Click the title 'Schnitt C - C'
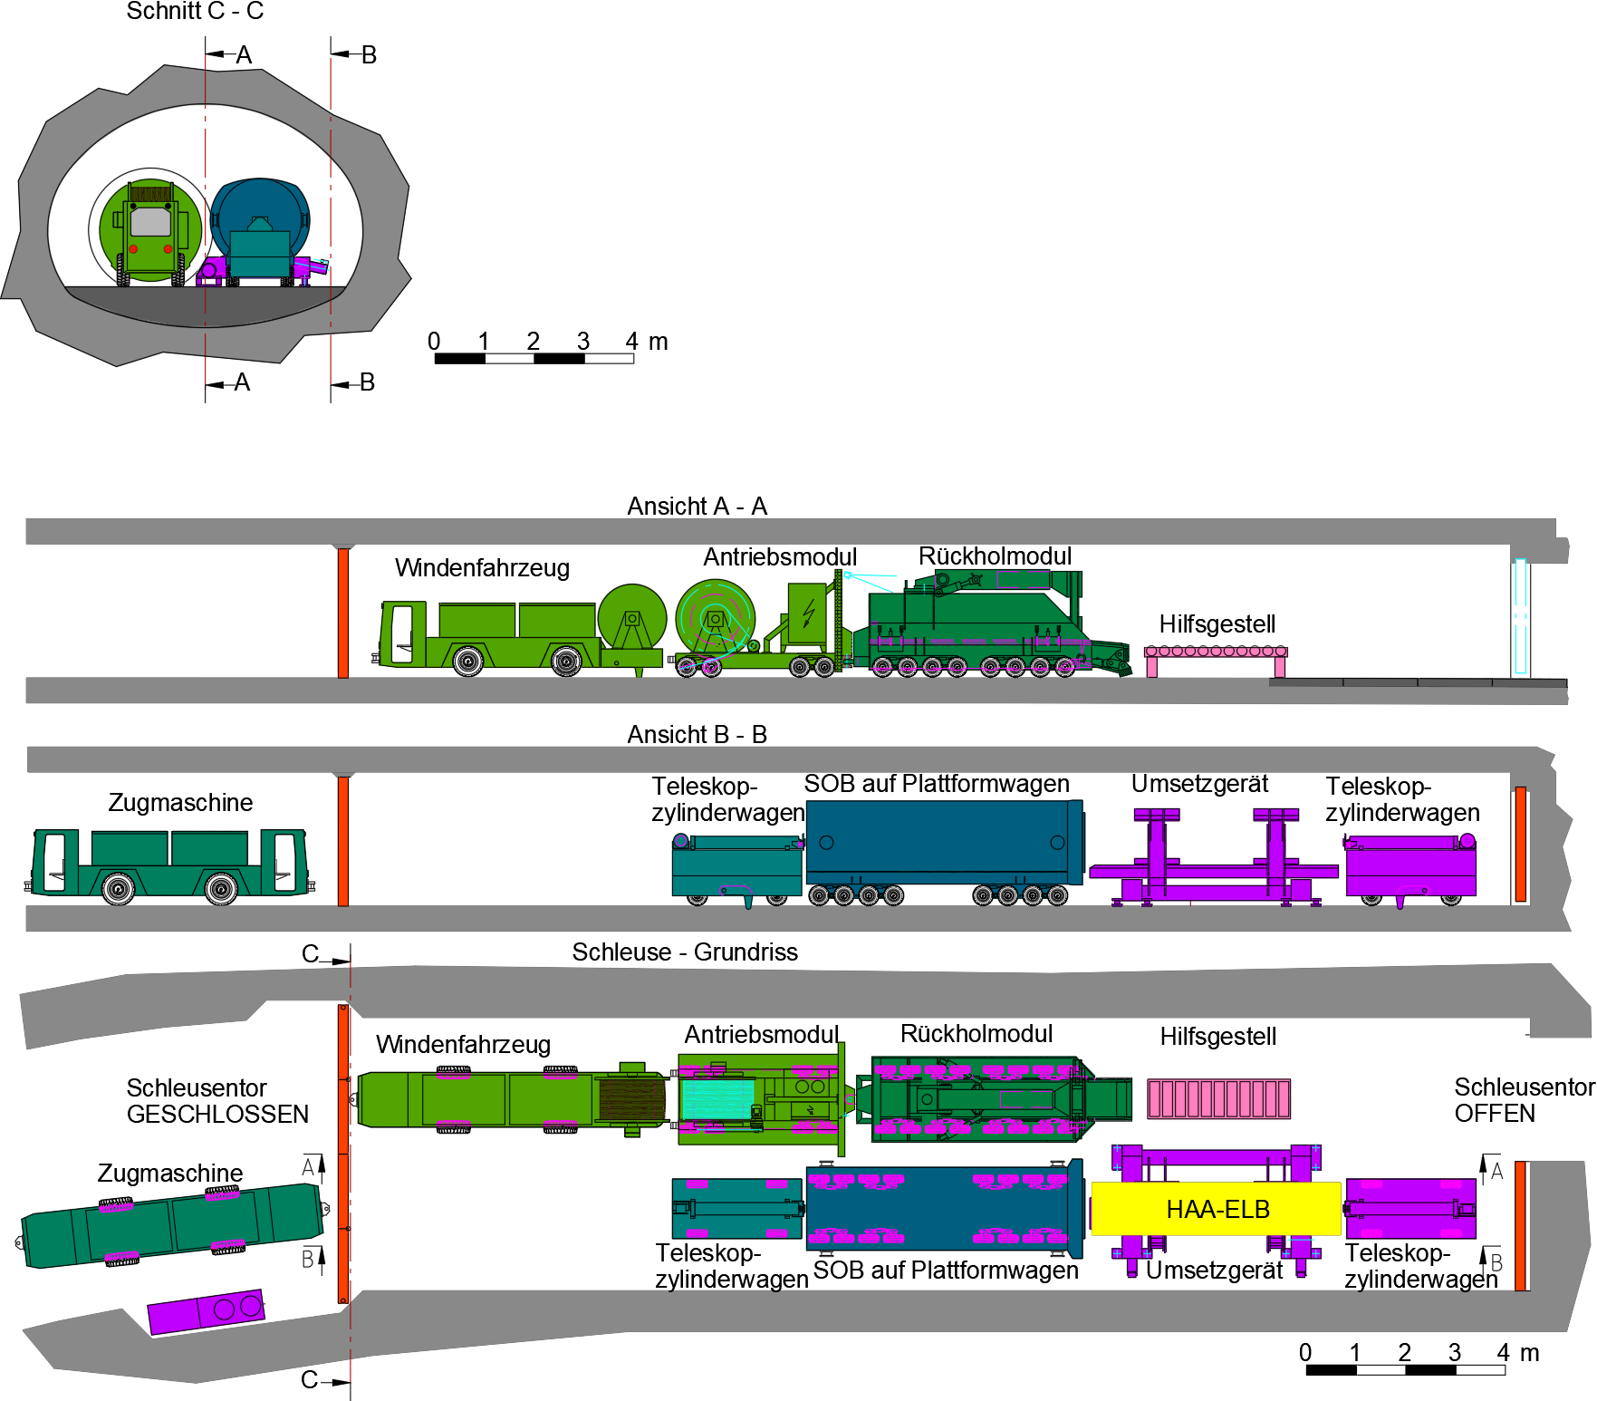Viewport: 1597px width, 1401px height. coord(195,12)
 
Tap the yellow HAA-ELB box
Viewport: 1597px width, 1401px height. coord(1217,1209)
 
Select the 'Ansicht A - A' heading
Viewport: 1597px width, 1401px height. coord(697,506)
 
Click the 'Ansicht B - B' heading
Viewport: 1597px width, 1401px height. coord(697,734)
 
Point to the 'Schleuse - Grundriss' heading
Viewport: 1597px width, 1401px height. coord(684,952)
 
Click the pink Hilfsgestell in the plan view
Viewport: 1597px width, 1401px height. coord(1218,1098)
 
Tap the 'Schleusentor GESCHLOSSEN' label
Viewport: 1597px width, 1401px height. coord(217,1100)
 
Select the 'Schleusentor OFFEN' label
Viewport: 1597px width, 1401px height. coord(1523,1099)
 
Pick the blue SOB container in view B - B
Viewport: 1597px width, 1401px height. coord(942,842)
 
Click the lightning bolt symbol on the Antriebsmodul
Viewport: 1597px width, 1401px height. coord(808,613)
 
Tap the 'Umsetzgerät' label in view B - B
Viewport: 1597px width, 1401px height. coord(1199,784)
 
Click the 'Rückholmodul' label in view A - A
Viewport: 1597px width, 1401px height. coord(995,556)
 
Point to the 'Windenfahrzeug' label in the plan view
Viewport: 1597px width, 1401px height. coord(463,1044)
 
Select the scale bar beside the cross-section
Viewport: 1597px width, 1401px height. coord(534,358)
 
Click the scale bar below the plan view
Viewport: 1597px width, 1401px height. coord(1405,1369)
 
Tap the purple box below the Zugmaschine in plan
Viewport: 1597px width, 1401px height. coord(206,1310)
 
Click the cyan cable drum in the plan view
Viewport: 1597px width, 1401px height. coord(717,1098)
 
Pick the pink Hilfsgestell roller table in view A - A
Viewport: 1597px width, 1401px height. coord(1215,652)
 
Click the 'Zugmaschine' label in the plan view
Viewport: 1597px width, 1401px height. coord(169,1173)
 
